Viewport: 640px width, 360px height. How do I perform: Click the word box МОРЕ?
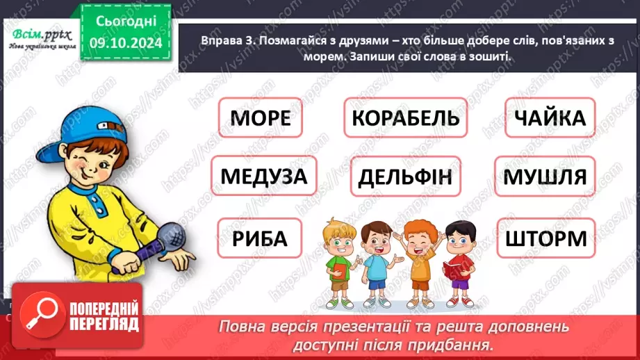click(x=260, y=118)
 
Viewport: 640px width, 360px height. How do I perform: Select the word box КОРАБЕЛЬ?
click(x=405, y=118)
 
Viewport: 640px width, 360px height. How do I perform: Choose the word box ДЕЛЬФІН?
click(x=405, y=177)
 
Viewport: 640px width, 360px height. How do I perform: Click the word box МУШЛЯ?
click(x=545, y=177)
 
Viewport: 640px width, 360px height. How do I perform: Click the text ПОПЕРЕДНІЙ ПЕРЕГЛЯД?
click(x=104, y=317)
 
